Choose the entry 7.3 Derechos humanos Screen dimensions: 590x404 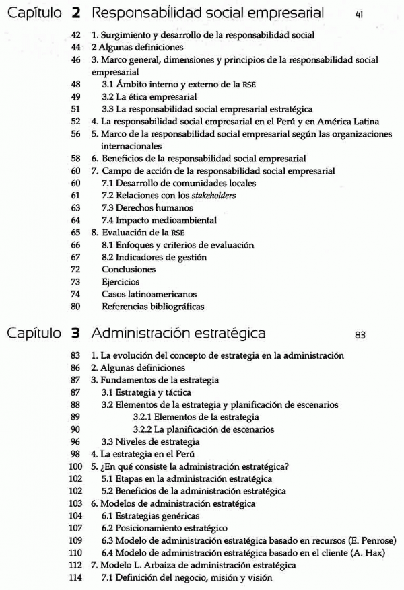point(138,207)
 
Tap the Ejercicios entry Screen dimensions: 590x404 point(121,282)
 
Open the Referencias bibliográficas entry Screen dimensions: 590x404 point(153,307)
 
